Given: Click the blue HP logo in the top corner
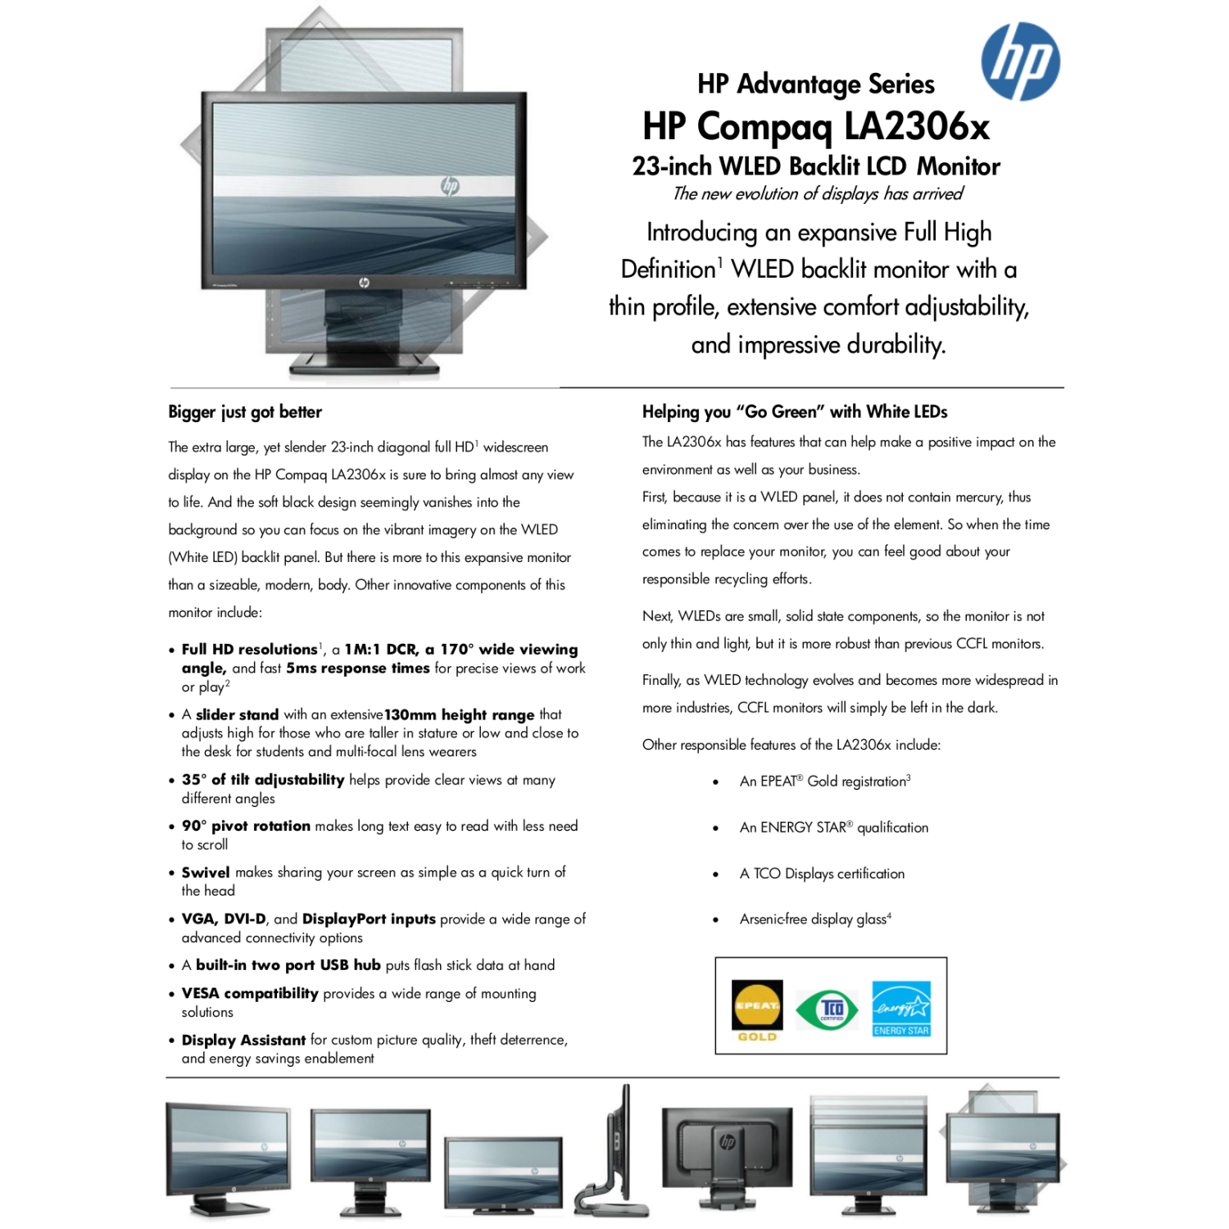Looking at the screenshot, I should pos(1020,61).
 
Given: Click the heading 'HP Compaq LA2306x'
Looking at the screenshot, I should pos(816,126).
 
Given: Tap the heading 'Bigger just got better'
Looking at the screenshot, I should pos(245,411).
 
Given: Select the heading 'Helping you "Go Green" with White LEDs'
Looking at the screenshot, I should pos(795,411).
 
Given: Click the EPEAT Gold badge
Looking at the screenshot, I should pos(757,1009).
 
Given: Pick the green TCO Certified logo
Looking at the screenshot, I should pos(828,1009).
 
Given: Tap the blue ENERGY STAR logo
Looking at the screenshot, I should pos(901,1009).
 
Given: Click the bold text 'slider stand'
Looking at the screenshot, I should pos(237,714).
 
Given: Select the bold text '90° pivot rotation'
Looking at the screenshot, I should pos(246,826).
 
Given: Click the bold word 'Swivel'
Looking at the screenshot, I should pos(206,872).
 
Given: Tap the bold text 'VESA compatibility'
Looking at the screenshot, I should pos(250,993).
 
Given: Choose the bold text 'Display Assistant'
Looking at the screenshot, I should pos(243,1040).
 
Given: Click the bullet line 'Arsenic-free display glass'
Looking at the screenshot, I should pos(814,919).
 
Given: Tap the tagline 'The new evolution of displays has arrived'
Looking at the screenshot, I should pos(818,194).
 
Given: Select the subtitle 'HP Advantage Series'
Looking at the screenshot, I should pos(816,84).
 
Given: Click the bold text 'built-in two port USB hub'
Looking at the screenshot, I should pos(288,965).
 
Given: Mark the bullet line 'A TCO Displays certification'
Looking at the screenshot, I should pos(822,873).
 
